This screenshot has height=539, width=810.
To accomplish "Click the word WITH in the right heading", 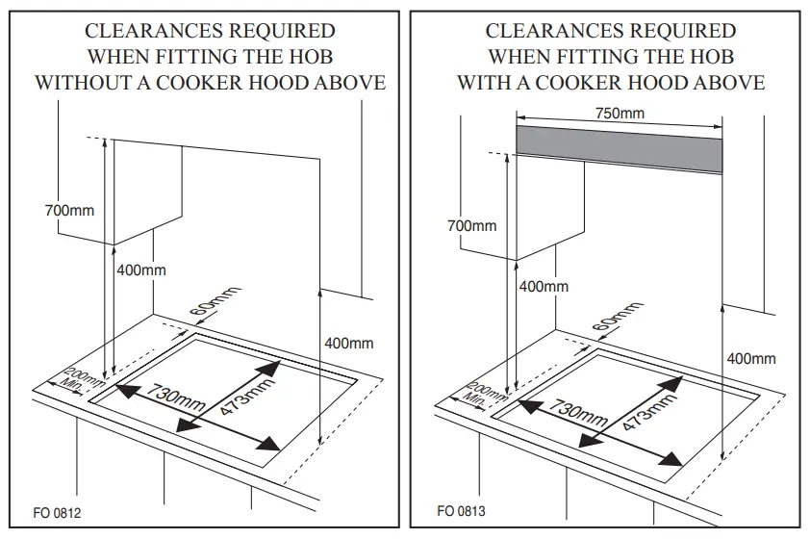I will [486, 83].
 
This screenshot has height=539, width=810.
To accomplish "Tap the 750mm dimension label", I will [620, 114].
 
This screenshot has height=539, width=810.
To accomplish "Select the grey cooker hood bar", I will [620, 148].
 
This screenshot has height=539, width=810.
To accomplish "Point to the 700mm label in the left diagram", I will [69, 210].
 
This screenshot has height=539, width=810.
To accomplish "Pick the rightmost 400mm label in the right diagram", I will [750, 359].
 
